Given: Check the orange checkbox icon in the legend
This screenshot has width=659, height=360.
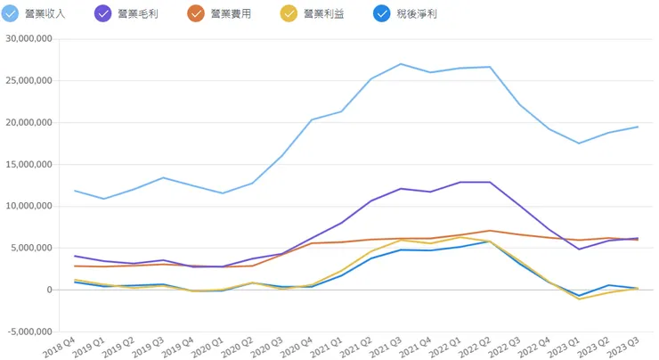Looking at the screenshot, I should point(197,14).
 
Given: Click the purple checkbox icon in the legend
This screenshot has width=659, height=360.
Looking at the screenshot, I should point(104,14).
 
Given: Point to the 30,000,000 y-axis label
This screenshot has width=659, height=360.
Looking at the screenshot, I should point(28,39).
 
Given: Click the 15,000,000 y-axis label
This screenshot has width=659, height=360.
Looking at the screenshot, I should point(28,165).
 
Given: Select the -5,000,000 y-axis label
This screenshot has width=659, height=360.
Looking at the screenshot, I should point(28,332).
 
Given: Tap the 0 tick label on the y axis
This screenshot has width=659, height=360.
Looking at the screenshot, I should point(50,290).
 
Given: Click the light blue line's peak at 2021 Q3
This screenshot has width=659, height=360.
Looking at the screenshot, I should point(400,64).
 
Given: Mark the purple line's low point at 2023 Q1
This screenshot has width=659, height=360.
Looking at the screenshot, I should point(579,249).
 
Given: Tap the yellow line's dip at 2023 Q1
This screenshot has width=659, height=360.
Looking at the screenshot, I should point(579,299).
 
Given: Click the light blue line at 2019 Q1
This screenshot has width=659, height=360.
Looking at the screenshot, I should point(104,199).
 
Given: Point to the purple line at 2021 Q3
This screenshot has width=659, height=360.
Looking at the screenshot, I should point(400,189).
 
